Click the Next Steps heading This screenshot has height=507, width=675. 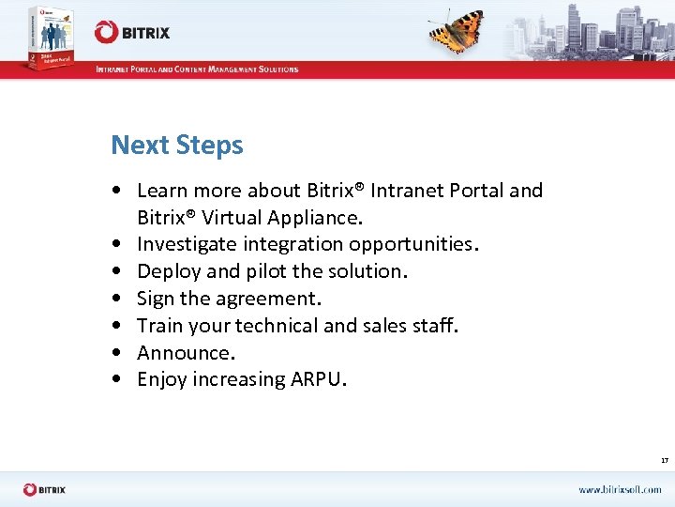pyautogui.click(x=176, y=146)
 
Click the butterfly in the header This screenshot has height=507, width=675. pyautogui.click(x=457, y=31)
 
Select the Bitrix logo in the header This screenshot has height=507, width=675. pyautogui.click(x=132, y=32)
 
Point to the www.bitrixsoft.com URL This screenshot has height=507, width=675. pyautogui.click(x=619, y=489)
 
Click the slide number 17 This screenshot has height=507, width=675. pyautogui.click(x=664, y=461)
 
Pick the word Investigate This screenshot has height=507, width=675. pyautogui.click(x=184, y=244)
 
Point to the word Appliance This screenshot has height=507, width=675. pyautogui.click(x=315, y=218)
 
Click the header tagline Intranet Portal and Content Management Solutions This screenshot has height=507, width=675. pyautogui.click(x=197, y=69)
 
